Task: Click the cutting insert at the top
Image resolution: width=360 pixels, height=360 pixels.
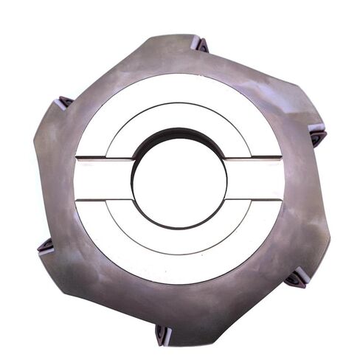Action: (200, 44)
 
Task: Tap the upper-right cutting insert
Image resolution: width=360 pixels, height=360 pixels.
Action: (317, 136)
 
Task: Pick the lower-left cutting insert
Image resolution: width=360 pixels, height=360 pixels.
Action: (46, 246)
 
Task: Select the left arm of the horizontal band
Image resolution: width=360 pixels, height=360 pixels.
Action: (103, 179)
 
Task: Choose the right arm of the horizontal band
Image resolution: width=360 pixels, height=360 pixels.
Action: (255, 179)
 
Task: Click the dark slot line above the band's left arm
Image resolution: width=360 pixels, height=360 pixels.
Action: (103, 158)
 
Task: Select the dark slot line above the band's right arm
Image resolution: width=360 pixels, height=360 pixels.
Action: (255, 157)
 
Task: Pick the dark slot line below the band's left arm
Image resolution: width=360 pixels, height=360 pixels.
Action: (103, 199)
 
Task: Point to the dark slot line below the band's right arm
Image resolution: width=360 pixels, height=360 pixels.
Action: (255, 199)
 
